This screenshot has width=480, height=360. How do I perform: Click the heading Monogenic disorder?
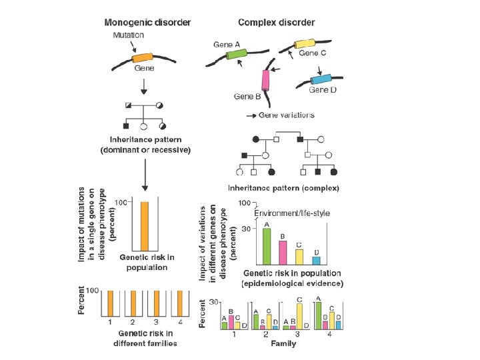147,22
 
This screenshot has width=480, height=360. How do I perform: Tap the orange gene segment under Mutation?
143,57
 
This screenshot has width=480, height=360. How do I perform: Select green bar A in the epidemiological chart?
266,246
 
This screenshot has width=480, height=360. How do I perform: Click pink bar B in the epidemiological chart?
283,252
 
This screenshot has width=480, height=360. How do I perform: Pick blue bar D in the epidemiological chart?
316,260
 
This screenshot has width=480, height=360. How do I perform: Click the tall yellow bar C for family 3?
299,316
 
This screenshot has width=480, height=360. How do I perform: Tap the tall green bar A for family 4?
318,315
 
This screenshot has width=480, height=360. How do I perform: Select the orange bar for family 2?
133,304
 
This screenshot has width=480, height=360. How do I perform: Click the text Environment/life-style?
293,213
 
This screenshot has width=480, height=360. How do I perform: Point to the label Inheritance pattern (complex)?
283,188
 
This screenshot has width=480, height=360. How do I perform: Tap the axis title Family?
283,345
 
